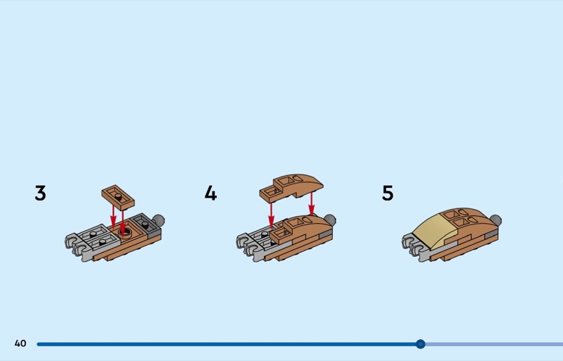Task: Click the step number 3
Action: [41, 193]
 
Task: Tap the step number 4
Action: [210, 193]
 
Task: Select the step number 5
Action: [388, 193]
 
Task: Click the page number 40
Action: [20, 343]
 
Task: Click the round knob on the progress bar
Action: [420, 344]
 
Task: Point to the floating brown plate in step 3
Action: [118, 197]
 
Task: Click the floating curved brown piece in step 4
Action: [291, 186]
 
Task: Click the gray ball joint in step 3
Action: [158, 220]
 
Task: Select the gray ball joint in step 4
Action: [329, 220]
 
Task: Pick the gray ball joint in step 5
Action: [495, 220]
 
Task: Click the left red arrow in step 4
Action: [272, 215]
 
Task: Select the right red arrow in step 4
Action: [311, 203]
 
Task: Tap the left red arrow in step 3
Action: [113, 216]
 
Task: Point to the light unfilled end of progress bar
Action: [494, 344]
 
